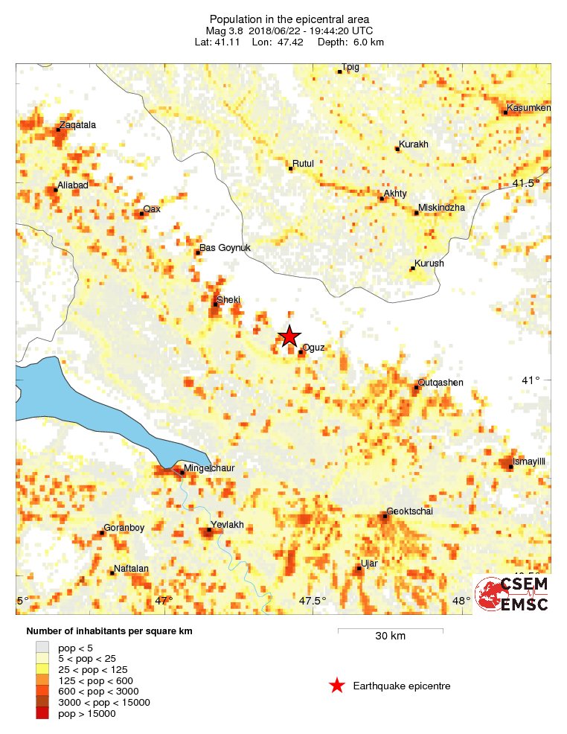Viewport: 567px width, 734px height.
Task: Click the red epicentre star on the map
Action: pos(289,336)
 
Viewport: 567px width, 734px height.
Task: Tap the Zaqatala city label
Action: pos(78,125)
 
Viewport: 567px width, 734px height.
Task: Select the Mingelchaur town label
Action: pos(211,468)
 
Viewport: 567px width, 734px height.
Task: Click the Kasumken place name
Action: pos(529,109)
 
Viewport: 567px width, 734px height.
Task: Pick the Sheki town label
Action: pos(228,299)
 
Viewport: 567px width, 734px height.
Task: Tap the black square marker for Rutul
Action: pos(290,169)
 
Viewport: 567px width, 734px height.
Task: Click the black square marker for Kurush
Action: pos(412,269)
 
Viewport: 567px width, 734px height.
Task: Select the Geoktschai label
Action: pos(410,511)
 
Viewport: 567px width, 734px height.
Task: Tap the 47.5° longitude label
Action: pos(313,601)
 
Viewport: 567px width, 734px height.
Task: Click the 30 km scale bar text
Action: pos(390,636)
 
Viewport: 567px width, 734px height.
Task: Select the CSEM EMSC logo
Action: pos(513,594)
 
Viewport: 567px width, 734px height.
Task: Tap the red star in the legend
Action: pos(337,686)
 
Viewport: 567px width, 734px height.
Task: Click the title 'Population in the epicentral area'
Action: pos(289,19)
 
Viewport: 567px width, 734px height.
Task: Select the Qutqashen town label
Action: pos(441,383)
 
